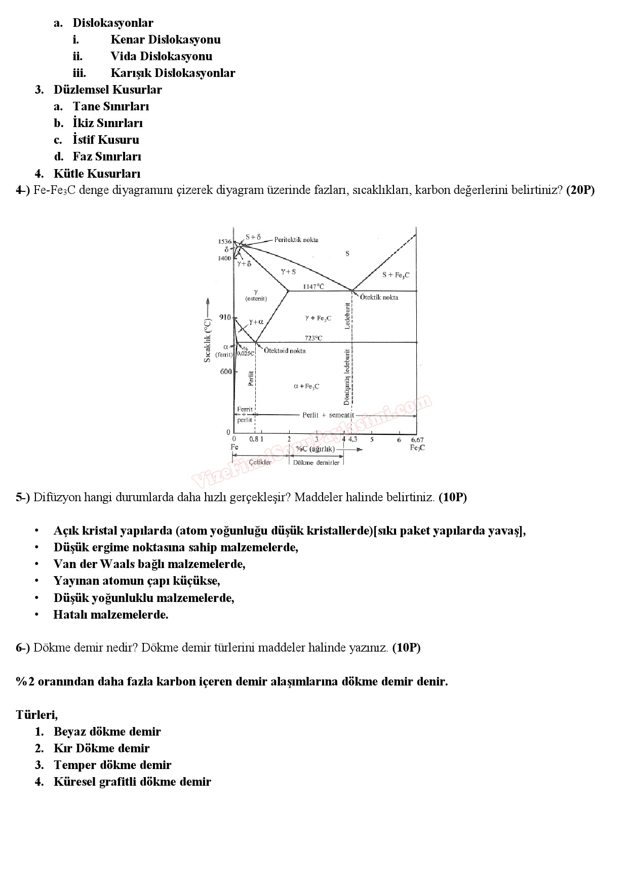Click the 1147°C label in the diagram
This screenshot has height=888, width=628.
coord(313,287)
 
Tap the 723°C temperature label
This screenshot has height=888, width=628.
coord(313,338)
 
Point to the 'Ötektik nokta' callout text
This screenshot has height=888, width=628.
coord(379,297)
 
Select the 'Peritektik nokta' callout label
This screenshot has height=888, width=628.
coord(296,239)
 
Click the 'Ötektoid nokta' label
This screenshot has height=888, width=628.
coord(285,351)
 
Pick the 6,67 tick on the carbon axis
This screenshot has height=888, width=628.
coord(417,440)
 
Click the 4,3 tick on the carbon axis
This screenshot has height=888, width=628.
coord(352,439)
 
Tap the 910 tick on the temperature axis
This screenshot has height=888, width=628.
coord(224,317)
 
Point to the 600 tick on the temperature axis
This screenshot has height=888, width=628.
coord(225,372)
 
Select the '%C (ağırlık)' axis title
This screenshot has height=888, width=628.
coord(315,449)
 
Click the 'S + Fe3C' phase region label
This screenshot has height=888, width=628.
coord(396,275)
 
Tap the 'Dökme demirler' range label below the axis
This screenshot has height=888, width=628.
coord(316,463)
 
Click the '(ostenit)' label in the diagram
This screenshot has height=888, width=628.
coord(256,298)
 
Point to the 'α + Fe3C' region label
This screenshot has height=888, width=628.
coord(306,386)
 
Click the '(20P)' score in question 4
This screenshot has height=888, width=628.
coord(580,190)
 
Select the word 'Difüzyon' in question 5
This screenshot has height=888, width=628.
coord(55,497)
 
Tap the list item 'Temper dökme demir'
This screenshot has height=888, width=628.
coord(112,765)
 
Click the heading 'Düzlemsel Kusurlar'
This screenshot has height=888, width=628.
coord(107,90)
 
